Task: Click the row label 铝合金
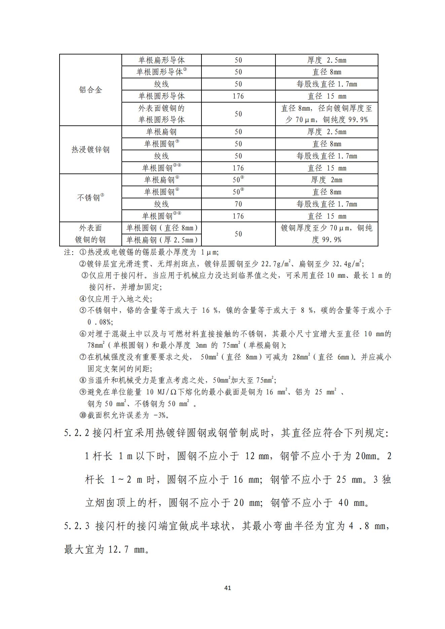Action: click(90, 90)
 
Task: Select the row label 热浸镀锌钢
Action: click(90, 150)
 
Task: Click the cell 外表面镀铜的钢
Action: click(90, 234)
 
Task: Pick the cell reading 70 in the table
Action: click(238, 204)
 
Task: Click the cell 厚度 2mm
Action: click(326, 180)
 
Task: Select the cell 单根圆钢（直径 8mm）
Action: click(161, 228)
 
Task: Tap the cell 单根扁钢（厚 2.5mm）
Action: click(161, 240)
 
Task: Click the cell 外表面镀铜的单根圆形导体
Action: click(161, 114)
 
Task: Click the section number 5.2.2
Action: click(77, 433)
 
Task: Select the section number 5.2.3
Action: click(77, 525)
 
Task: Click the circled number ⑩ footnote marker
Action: click(83, 415)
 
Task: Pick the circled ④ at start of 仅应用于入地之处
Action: click(83, 299)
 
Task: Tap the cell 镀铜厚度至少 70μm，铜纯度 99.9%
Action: click(326, 234)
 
